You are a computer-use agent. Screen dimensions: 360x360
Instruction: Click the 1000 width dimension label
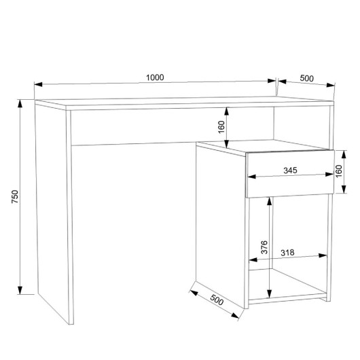click(x=155, y=77)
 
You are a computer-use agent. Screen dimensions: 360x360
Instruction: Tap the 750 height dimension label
click(x=15, y=196)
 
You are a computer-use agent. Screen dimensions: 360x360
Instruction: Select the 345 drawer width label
click(x=290, y=170)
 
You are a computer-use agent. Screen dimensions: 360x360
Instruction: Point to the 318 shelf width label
click(x=287, y=253)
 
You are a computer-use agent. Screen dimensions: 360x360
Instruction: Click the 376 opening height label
click(x=264, y=247)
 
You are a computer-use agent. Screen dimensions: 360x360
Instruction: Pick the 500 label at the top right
click(x=307, y=78)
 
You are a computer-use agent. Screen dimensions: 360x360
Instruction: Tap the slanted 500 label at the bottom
click(x=217, y=300)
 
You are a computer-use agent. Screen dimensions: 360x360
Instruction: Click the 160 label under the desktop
click(x=221, y=127)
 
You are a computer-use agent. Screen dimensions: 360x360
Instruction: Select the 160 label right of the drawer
click(x=339, y=171)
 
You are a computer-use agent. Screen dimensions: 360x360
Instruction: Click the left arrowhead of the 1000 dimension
click(x=38, y=84)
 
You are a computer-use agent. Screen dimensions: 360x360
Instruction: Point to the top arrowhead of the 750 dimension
click(x=20, y=103)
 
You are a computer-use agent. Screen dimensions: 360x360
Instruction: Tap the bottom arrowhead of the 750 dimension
click(x=20, y=290)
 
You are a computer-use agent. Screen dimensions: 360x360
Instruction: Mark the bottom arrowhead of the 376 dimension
click(x=269, y=294)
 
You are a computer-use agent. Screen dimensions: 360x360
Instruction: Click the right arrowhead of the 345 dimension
click(x=329, y=175)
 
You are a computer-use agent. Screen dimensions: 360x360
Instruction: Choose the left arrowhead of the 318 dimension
click(x=253, y=260)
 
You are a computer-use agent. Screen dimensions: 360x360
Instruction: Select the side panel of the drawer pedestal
click(x=220, y=226)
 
